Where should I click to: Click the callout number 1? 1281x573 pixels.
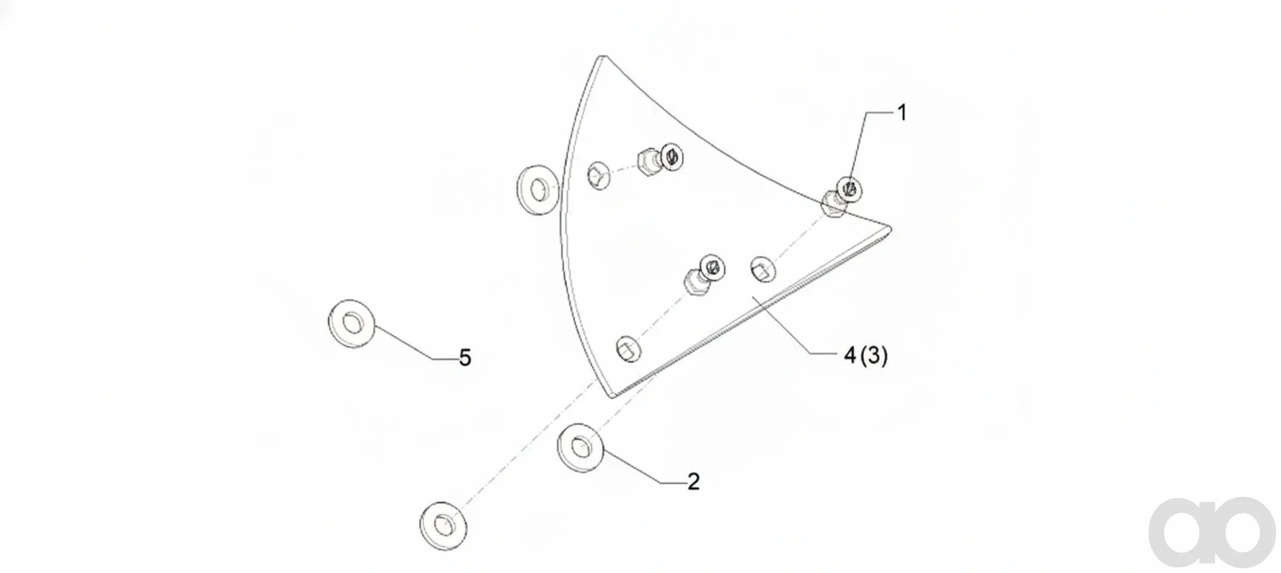click(902, 113)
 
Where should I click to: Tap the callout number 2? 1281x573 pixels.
click(694, 481)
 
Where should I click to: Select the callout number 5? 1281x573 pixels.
click(465, 358)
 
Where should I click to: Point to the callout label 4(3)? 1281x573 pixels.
click(866, 355)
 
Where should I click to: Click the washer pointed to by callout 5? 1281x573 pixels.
click(352, 324)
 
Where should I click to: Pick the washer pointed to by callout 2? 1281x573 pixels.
click(580, 448)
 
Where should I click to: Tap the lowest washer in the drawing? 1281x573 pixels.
click(443, 525)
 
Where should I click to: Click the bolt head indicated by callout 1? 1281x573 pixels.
click(850, 189)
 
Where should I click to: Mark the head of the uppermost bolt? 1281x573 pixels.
click(672, 158)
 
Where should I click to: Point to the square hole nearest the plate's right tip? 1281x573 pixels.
click(763, 270)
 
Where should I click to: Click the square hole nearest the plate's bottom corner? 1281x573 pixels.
click(629, 350)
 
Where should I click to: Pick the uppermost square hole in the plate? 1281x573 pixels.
click(599, 175)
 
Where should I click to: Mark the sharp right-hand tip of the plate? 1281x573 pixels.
click(891, 229)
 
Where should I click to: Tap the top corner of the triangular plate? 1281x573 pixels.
click(602, 57)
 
